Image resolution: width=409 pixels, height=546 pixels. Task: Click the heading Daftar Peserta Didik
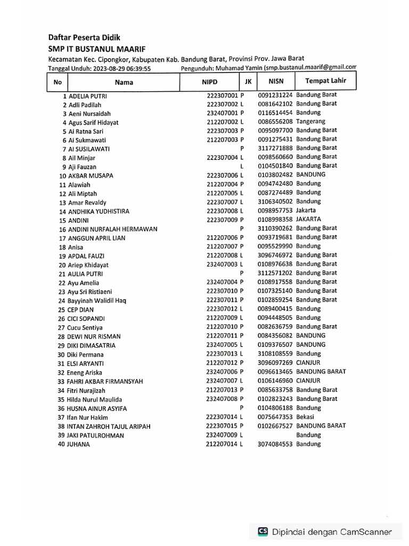point(84,38)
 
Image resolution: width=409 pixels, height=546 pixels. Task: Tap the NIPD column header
point(209,82)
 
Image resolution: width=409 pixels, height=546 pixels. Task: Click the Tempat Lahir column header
point(325,81)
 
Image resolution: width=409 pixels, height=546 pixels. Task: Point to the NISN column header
point(276,82)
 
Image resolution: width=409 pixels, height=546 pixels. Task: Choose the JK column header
point(248,82)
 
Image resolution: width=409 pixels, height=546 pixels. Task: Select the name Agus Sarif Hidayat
point(94,123)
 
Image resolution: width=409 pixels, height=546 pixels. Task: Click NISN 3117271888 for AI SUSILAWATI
point(275,148)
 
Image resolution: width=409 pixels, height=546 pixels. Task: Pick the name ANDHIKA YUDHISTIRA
point(99,212)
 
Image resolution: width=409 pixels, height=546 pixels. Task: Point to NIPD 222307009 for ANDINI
point(223,220)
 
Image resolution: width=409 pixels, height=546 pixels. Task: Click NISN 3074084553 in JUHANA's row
point(275,444)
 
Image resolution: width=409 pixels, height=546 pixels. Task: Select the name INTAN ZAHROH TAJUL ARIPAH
point(109,427)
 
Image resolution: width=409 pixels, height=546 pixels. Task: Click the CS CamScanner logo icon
point(263,532)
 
